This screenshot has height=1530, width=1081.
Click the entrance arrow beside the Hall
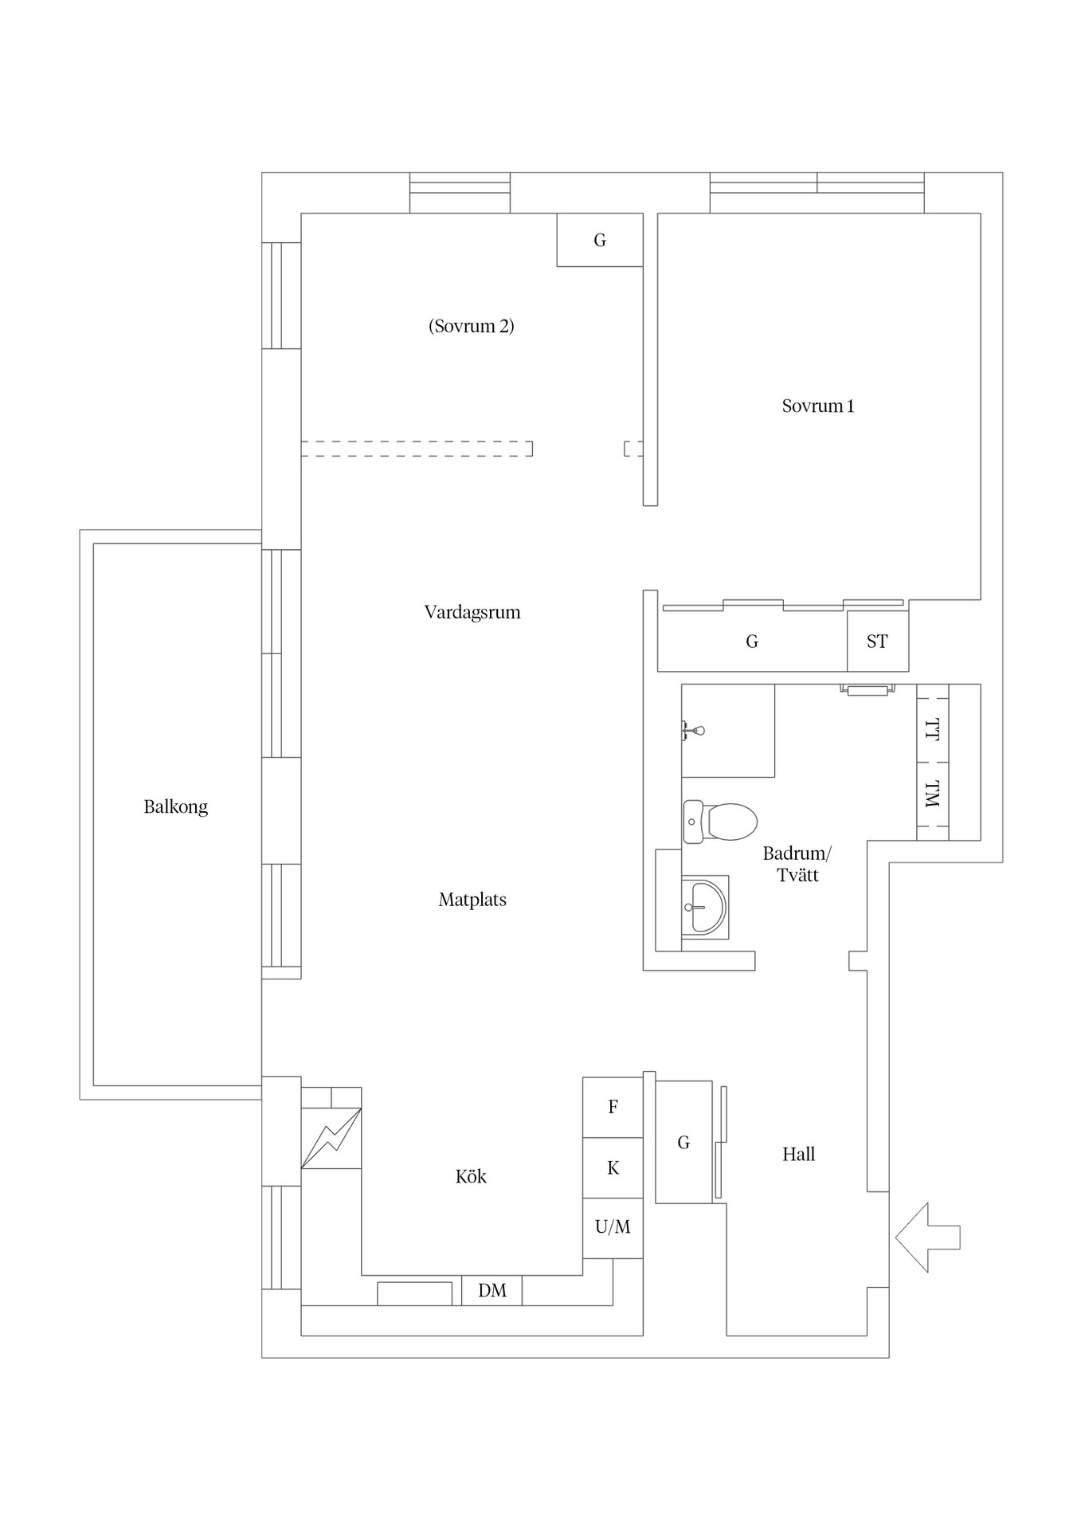click(927, 1238)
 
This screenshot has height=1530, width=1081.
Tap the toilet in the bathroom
click(720, 822)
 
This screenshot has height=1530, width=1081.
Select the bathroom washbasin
click(705, 907)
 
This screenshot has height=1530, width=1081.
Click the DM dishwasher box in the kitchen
click(492, 1290)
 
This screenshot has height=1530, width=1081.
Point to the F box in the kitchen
click(613, 1107)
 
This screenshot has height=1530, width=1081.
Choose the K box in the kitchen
click(613, 1167)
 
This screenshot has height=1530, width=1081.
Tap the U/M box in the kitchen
click(613, 1228)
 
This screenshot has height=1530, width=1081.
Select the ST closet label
click(877, 641)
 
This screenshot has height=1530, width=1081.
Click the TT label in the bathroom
click(933, 730)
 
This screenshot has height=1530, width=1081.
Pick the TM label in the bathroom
click(933, 794)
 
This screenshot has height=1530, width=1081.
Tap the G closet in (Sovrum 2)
click(600, 240)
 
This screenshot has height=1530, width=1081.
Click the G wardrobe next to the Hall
click(683, 1142)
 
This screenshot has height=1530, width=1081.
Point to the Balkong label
click(176, 806)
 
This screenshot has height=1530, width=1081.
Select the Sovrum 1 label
click(818, 406)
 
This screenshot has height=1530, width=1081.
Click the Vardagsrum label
click(472, 612)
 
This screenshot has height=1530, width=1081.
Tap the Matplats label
click(472, 900)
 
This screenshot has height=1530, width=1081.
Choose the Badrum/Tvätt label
click(797, 864)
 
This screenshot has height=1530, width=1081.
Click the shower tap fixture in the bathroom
click(692, 730)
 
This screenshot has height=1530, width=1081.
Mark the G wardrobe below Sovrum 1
click(752, 641)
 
